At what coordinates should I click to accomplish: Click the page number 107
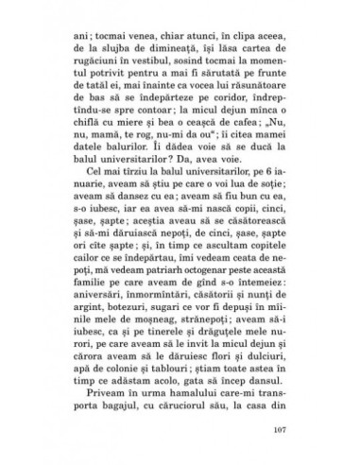290,434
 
